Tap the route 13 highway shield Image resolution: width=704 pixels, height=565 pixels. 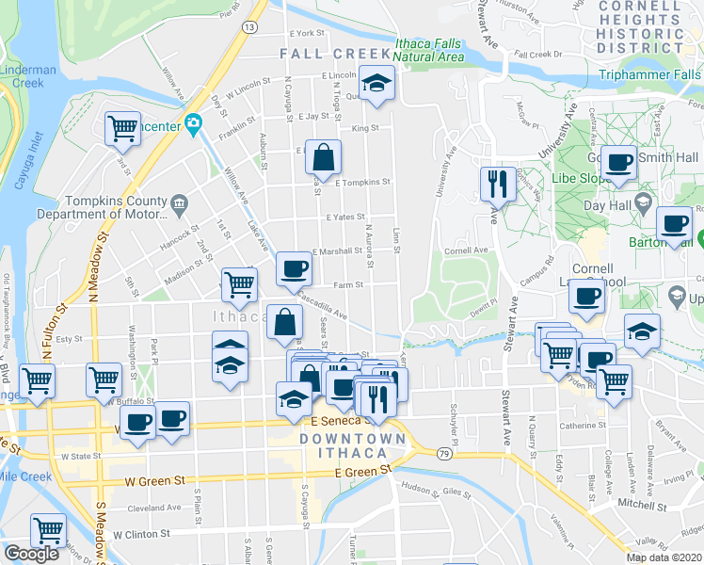tap(248, 28)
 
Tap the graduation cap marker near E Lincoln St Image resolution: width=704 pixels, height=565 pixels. tap(376, 83)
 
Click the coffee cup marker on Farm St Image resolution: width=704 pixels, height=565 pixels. tap(293, 270)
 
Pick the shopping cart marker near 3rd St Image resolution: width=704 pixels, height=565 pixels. tap(123, 129)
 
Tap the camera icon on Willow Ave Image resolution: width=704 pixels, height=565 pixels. tap(194, 123)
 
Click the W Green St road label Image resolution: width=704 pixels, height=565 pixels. tap(154, 481)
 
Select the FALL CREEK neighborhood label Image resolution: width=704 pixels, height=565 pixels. tap(335, 55)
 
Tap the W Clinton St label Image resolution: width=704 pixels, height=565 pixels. tap(141, 533)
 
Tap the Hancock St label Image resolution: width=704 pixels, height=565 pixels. tap(176, 228)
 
